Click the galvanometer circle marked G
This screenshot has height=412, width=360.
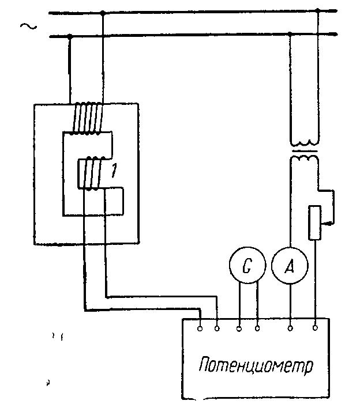point(246,267)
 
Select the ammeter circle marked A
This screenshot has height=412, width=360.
point(289,267)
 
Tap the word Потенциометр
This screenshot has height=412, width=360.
point(256,366)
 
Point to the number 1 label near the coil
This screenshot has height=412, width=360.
point(116,171)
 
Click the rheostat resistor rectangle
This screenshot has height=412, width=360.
point(315,222)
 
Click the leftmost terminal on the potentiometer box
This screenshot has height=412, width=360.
point(200,329)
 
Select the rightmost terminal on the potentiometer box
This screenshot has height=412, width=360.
point(315,329)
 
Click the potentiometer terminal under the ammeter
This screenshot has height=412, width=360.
point(290,329)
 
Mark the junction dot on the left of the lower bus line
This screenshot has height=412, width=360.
point(70,36)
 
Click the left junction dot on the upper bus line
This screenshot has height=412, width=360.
point(103,12)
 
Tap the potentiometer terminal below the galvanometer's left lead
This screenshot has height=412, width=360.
point(239,329)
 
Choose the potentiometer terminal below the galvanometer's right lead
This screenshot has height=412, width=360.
point(257,329)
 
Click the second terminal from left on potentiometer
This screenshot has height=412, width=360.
point(217,329)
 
